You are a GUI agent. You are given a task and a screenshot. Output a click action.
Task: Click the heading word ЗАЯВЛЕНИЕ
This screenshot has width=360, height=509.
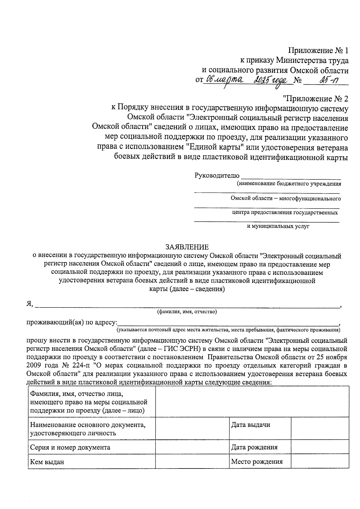pyautogui.click(x=187, y=247)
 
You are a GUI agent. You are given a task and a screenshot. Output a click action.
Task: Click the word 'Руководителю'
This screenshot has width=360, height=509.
pyautogui.click(x=217, y=175)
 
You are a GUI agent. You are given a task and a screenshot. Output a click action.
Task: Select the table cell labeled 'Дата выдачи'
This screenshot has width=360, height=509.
pyautogui.click(x=250, y=425)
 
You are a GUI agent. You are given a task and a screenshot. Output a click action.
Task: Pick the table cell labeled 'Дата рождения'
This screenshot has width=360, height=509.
pyautogui.click(x=254, y=447)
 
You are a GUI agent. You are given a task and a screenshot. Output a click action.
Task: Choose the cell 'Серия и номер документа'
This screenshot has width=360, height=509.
pyautogui.click(x=70, y=448)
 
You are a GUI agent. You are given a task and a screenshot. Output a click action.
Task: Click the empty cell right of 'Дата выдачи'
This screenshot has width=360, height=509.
pyautogui.click(x=320, y=428)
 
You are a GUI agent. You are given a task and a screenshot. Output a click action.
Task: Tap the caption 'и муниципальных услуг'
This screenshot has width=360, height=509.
pyautogui.click(x=278, y=226)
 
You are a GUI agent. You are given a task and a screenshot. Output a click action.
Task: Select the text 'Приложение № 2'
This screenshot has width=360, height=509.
pyautogui.click(x=315, y=99)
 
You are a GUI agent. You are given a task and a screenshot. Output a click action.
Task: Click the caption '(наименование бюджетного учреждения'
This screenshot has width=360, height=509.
pyautogui.click(x=289, y=184)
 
